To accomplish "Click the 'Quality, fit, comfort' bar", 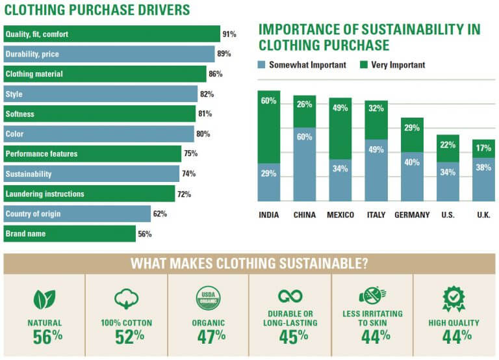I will coord(111,34).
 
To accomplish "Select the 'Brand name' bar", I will coord(69,234).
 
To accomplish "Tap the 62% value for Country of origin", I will coord(160,214).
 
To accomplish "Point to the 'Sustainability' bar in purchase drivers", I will coord(90,174).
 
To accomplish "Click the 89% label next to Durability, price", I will coord(224,54).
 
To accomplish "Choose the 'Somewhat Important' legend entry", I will coord(302,65).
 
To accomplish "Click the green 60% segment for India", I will coord(269,127).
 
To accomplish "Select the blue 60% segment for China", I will coord(305,164).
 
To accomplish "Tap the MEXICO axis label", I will coord(340,215).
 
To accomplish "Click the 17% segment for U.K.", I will coord(483,149).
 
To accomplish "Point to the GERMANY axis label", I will coord(412,215).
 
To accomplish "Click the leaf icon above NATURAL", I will coord(44,298).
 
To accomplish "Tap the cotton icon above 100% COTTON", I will coord(126,298).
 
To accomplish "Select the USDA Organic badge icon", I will coord(209,298).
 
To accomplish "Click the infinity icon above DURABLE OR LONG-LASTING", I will coord(290,296).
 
